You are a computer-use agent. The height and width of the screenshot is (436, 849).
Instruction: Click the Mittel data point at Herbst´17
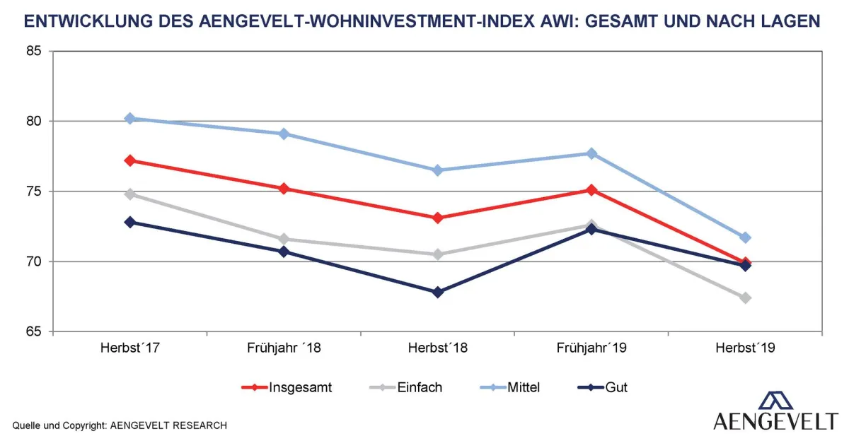point(129,119)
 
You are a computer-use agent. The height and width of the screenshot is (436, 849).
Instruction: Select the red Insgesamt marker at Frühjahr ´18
point(284,189)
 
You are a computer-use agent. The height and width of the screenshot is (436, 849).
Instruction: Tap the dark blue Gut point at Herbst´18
point(437,292)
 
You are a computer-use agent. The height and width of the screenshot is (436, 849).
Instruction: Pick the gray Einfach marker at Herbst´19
point(745,297)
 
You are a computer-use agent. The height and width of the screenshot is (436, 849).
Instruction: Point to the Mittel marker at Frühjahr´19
point(591,153)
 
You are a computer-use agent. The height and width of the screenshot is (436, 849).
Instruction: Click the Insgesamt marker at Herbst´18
point(437,218)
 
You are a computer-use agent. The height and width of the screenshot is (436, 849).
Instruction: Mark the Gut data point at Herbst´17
point(129,222)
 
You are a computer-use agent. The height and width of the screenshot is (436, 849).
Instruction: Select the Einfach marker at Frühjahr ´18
point(284,239)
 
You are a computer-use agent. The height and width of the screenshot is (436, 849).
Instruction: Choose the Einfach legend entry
point(406,387)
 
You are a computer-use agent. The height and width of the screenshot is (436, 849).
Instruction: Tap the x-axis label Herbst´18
point(437,348)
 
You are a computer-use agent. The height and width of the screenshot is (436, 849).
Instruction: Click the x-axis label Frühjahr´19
point(591,348)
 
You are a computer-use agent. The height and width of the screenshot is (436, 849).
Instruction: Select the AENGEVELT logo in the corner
point(775,411)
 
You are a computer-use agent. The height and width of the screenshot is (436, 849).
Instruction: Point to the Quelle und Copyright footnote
point(120,425)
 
